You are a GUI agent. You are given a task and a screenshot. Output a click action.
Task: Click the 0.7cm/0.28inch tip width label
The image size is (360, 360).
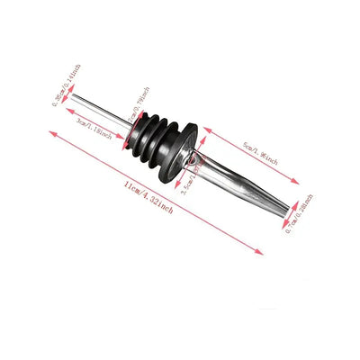[x=304, y=215]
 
